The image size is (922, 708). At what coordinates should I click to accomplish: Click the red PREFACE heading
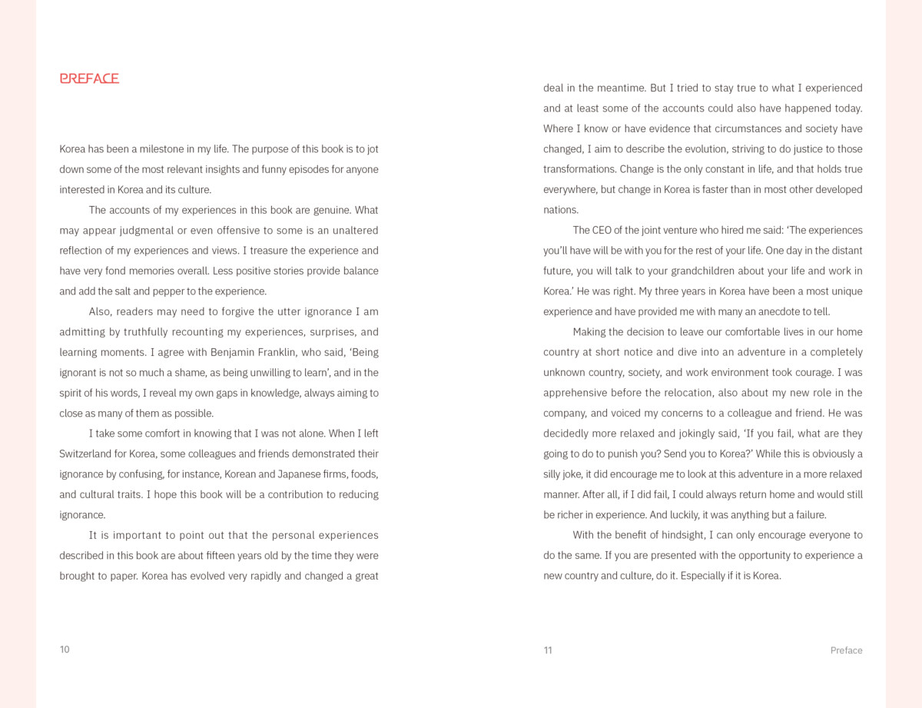click(x=89, y=78)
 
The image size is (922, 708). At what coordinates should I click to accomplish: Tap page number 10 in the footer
click(x=65, y=650)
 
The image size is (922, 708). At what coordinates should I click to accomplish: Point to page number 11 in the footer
click(x=548, y=650)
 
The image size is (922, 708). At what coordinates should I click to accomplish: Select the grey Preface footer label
click(x=846, y=650)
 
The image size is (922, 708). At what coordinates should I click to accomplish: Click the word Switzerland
click(x=85, y=454)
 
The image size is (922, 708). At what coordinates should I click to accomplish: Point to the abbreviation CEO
click(x=603, y=230)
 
